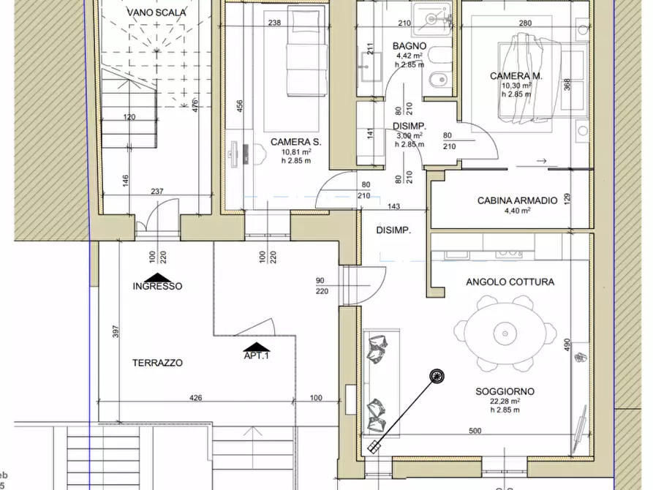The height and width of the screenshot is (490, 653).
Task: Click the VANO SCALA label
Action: (x=156, y=12)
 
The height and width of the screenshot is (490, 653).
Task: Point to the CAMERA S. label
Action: (x=295, y=142)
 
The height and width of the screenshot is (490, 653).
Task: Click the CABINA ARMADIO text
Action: (x=517, y=200)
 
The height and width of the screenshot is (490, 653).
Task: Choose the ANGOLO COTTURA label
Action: (x=510, y=282)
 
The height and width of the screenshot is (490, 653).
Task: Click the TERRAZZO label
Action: (x=157, y=363)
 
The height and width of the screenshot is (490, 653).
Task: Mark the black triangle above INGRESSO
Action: (x=157, y=277)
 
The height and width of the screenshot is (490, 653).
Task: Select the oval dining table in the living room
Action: (x=503, y=333)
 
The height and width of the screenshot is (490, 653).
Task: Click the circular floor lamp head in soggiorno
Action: (x=437, y=376)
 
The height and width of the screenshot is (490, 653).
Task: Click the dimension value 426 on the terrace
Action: (x=195, y=399)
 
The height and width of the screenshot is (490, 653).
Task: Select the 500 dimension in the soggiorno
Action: (x=475, y=431)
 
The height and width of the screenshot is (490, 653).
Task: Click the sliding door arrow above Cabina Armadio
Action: (x=540, y=161)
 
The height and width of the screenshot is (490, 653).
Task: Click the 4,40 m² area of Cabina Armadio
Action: (x=517, y=211)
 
